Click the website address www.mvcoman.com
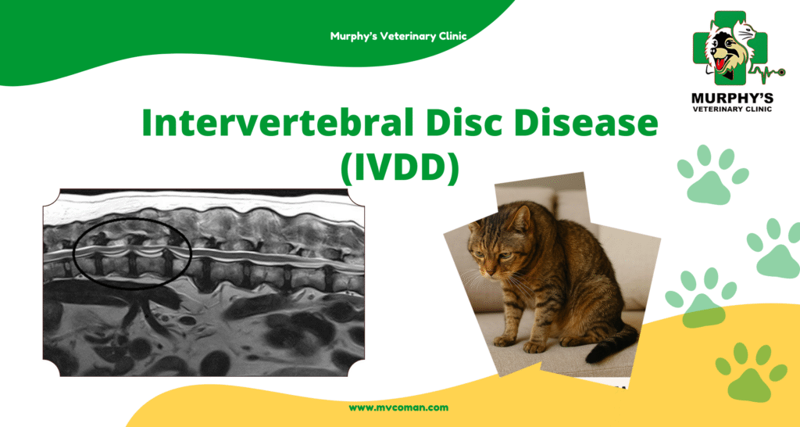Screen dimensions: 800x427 398,407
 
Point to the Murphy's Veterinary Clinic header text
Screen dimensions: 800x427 398,36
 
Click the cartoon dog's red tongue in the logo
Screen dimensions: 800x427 719,64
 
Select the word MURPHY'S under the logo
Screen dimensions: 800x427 731,98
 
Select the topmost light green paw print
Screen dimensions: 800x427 712,174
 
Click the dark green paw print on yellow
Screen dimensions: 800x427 751,371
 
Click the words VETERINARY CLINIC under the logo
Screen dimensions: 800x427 731,109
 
